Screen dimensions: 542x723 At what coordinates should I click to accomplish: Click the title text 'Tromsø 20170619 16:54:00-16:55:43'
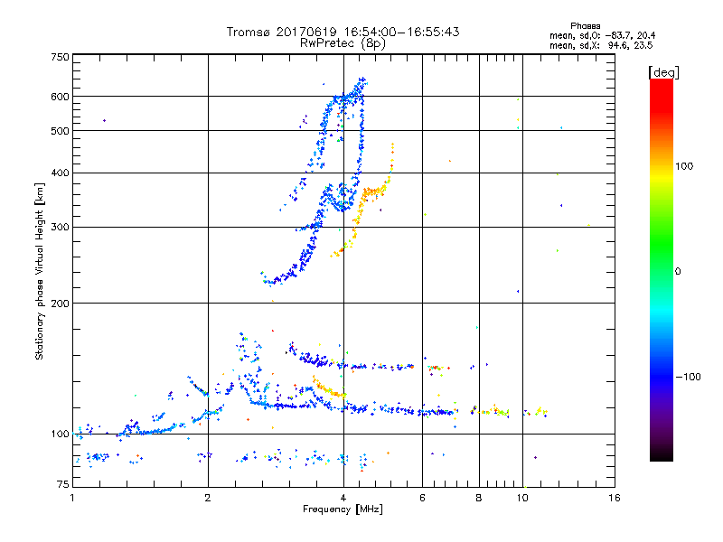pos(343,32)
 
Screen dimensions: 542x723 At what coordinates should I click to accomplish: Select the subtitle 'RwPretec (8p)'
pos(343,42)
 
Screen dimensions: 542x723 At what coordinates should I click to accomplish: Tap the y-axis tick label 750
pos(61,57)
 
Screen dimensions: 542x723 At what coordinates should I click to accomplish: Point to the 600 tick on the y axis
pos(61,97)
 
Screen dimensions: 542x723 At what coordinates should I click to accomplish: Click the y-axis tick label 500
pos(61,131)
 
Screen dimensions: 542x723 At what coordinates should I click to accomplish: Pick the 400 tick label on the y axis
pos(61,173)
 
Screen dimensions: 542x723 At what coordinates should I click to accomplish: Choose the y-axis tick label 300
pos(61,227)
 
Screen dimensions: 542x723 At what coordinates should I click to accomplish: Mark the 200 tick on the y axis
pos(61,303)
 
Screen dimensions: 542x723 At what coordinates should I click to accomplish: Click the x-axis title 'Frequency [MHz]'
pos(343,510)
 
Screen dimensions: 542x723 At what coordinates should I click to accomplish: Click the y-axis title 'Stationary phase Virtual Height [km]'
pos(40,271)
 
